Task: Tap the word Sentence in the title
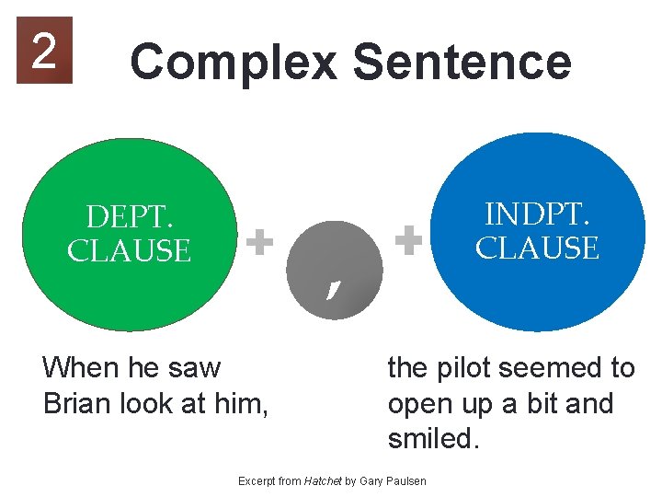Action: (x=462, y=63)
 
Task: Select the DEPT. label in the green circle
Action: (x=130, y=217)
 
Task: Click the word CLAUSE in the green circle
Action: (x=129, y=250)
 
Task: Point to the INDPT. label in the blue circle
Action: (x=537, y=214)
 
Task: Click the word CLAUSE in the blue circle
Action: (x=537, y=248)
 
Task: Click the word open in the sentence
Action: (x=421, y=404)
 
